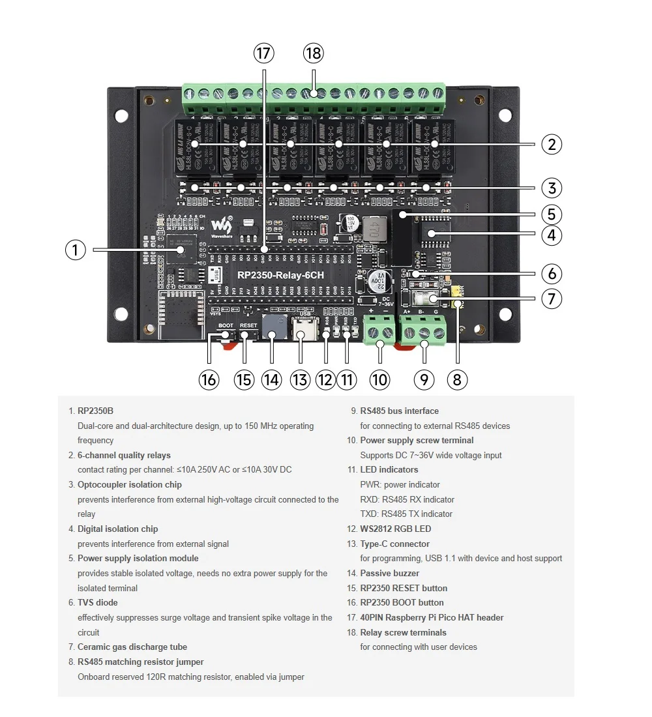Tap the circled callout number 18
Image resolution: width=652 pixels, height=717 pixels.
313,54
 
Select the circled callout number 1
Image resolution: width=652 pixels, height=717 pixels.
76,250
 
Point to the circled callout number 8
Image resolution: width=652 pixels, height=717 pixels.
458,379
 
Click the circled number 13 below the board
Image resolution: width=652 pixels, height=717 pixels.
300,379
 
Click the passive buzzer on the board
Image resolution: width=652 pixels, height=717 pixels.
272,327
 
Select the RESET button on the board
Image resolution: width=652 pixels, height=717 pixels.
247,334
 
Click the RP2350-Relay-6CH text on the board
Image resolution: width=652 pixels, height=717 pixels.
280,275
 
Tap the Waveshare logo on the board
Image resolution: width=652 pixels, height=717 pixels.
224,224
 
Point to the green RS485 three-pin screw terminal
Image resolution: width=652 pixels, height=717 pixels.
424,330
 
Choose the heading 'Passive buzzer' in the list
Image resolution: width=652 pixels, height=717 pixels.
389,573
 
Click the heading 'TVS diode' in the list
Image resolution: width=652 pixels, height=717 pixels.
97,602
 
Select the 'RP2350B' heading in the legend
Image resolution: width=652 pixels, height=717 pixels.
95,411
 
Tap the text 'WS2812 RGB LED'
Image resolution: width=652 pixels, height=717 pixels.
395,529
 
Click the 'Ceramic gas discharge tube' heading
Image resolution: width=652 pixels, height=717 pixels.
132,647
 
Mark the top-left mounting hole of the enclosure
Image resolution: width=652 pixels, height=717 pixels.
122,115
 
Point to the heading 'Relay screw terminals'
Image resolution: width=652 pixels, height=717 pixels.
403,632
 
